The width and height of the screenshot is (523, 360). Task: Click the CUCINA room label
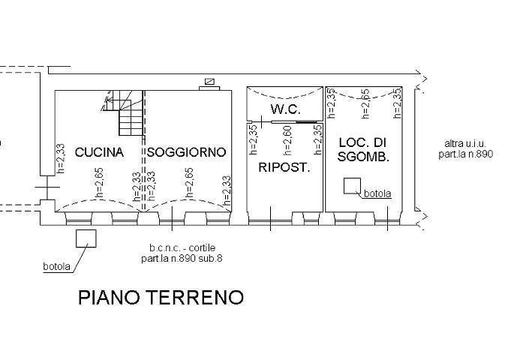[x=99, y=152]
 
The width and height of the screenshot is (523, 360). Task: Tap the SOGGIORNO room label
[x=186, y=152]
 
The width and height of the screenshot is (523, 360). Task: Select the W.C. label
[x=286, y=109]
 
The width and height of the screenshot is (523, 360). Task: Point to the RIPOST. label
[x=284, y=167]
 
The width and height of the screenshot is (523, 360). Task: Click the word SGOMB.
[x=363, y=156]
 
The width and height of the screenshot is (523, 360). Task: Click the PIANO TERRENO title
[x=161, y=297]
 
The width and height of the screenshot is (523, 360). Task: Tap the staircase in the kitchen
[x=123, y=112]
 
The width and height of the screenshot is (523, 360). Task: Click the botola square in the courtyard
[x=86, y=238]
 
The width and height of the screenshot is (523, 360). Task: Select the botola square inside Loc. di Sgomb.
[x=352, y=186]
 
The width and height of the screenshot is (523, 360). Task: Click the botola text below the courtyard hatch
[x=57, y=267]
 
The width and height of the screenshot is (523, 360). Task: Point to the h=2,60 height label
[x=287, y=140]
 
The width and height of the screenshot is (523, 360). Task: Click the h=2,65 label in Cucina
[x=99, y=183]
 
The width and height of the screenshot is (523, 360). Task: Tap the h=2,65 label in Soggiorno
[x=188, y=183]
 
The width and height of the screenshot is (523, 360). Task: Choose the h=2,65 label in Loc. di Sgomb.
[x=365, y=103]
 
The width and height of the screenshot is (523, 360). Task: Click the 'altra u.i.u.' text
[x=465, y=144]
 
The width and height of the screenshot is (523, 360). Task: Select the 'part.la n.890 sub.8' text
[x=182, y=258]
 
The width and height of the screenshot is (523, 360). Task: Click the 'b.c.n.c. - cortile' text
[x=182, y=248]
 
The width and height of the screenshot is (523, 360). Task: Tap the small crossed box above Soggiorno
[x=209, y=82]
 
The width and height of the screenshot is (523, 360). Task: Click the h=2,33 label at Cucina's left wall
[x=60, y=158]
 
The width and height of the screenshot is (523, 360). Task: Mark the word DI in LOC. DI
[x=379, y=142]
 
